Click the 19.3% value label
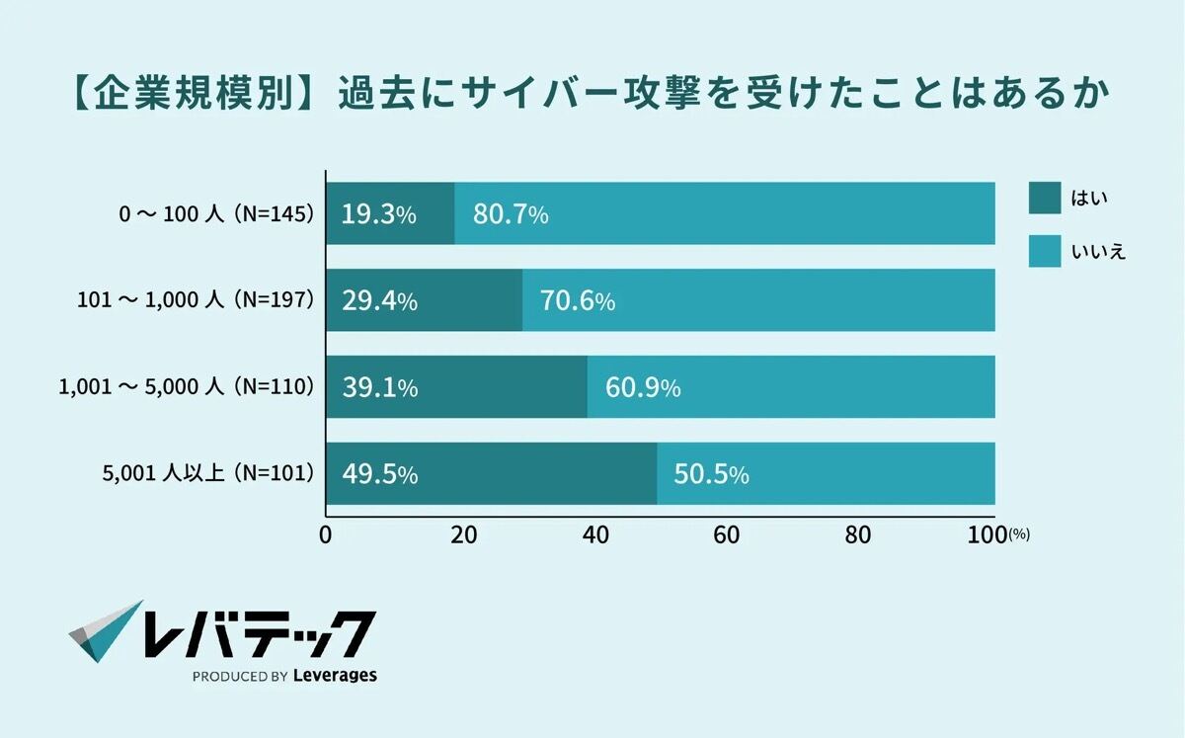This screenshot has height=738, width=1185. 379,214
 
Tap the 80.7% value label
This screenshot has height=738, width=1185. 512,214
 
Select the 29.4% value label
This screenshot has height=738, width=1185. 379,301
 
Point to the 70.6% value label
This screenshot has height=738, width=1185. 578,301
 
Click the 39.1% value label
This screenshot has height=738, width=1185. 379,388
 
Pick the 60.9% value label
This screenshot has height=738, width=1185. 643,388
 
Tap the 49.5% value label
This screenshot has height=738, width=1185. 379,475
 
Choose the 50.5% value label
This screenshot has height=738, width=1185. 711,475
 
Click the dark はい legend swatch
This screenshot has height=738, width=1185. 1044,199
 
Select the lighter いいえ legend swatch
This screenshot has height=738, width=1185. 1044,251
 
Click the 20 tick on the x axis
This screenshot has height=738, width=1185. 463,534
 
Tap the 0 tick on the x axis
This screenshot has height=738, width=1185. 326,534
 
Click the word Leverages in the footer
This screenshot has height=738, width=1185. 335,677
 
